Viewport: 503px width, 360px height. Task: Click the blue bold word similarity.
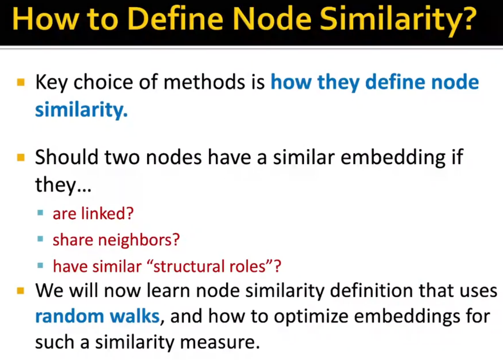(81, 110)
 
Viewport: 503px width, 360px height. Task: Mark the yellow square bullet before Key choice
(21, 82)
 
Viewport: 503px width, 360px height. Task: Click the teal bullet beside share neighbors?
(40, 239)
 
